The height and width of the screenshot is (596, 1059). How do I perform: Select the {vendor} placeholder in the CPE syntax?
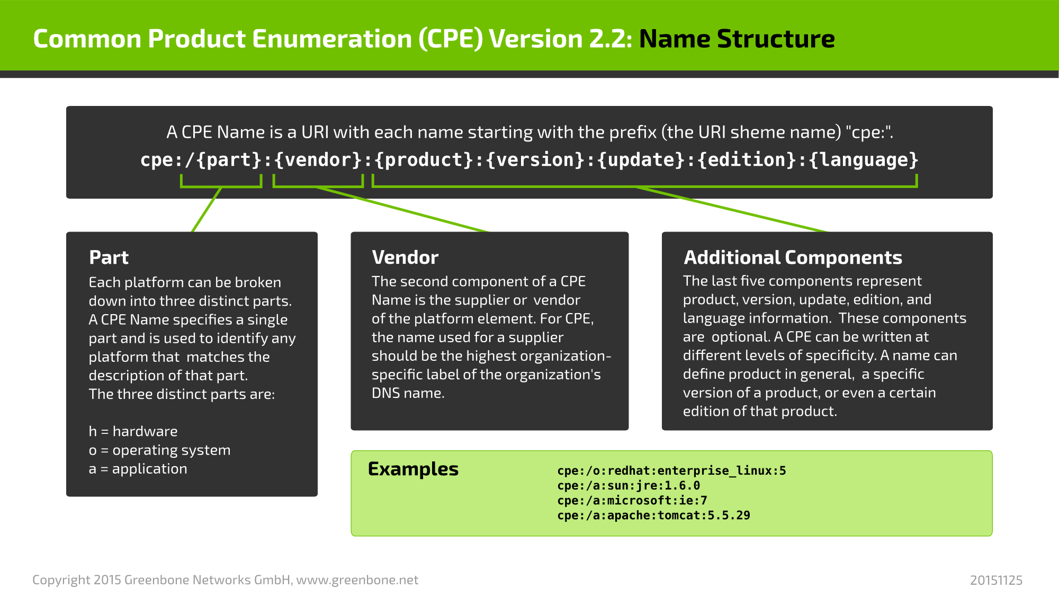(318, 160)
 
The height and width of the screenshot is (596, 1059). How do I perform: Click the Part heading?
(109, 257)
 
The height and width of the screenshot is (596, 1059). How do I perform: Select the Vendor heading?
(405, 257)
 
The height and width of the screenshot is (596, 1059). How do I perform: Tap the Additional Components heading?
(793, 257)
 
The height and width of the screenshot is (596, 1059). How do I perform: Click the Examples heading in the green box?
(413, 469)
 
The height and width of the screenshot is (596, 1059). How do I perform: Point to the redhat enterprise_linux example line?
(671, 470)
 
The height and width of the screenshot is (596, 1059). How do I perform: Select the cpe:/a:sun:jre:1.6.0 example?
(629, 485)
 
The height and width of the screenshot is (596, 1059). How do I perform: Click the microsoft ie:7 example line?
(632, 500)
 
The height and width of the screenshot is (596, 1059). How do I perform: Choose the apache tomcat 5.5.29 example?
(653, 515)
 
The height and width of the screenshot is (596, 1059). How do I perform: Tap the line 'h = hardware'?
(133, 431)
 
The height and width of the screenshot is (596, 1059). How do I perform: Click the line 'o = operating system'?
(159, 450)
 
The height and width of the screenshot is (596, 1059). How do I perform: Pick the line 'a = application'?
(138, 469)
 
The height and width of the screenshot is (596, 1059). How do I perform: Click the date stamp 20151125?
(996, 580)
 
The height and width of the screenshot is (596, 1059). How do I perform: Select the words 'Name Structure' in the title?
(737, 39)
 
